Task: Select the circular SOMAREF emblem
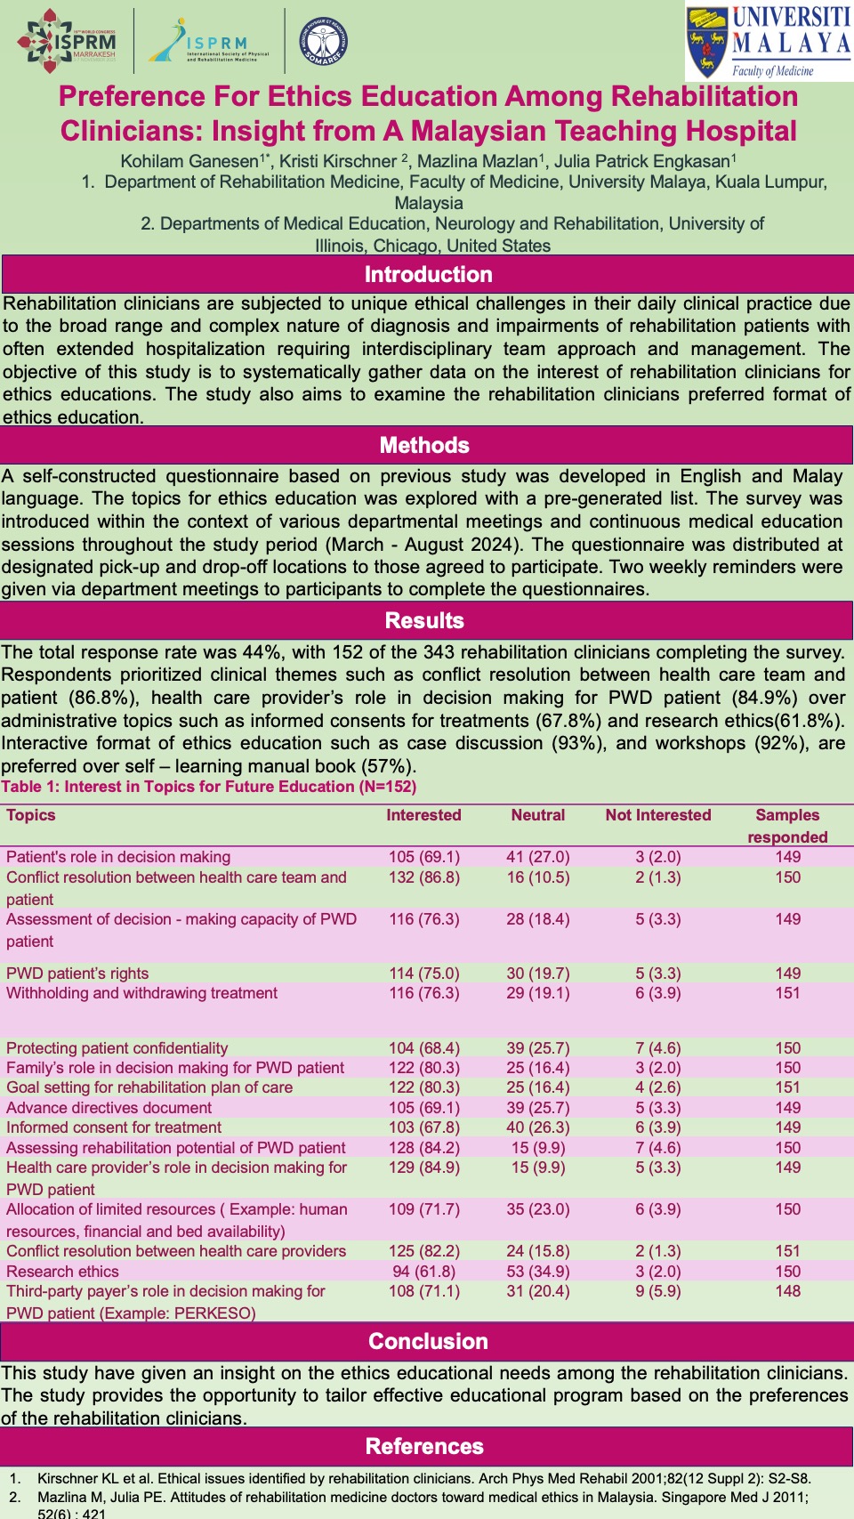point(322,42)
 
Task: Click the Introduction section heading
point(428,274)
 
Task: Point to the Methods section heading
point(424,445)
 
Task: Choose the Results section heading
point(424,620)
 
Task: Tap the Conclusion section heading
point(428,1341)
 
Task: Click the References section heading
point(424,1446)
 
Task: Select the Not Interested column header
point(658,815)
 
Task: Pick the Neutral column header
point(538,815)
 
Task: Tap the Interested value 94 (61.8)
point(423,1272)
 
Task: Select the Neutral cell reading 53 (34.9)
point(538,1272)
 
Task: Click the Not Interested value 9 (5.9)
point(658,1291)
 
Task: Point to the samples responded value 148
point(787,1291)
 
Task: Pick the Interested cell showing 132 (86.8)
point(423,877)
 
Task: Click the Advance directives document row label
point(109,1108)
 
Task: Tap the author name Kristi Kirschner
point(338,161)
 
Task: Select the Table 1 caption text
point(208,787)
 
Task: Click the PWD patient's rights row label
point(77,974)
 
